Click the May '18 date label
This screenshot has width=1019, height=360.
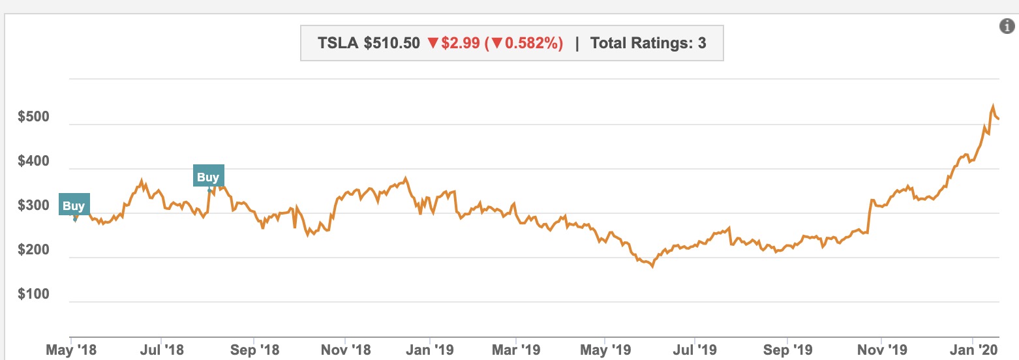71,350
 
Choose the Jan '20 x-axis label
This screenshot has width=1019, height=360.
975,350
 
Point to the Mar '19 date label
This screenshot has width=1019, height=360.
516,350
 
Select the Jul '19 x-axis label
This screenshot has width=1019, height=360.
697,350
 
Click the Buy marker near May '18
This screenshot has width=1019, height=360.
74,206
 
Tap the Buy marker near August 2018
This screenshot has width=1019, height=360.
208,177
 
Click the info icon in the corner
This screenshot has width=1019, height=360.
1007,26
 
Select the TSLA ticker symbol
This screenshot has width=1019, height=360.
338,44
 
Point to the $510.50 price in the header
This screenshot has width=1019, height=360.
391,44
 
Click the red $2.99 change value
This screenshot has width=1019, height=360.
461,44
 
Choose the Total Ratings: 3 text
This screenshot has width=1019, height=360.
648,44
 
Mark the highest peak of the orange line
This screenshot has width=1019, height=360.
993,106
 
